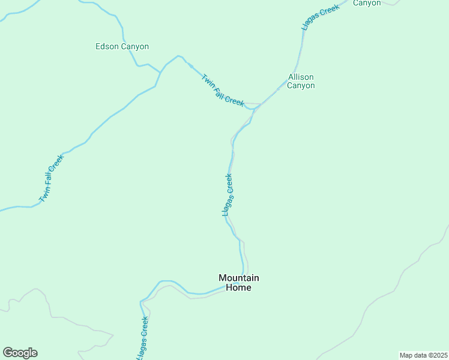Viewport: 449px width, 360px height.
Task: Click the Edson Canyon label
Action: tap(122, 46)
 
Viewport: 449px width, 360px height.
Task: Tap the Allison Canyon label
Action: tap(301, 81)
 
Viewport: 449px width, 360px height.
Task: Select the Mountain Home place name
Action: tap(238, 283)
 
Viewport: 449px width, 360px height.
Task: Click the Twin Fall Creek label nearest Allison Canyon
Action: tap(223, 90)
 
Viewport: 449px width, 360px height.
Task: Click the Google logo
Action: tap(20, 352)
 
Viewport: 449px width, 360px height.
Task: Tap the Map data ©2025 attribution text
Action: tap(423, 355)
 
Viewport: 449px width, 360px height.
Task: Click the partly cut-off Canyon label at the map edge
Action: tap(367, 3)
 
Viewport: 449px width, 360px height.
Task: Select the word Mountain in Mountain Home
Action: tap(238, 278)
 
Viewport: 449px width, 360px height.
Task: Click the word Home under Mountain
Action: tap(238, 287)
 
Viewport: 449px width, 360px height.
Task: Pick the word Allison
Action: tap(301, 77)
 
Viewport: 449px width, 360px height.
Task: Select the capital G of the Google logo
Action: tap(8, 352)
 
